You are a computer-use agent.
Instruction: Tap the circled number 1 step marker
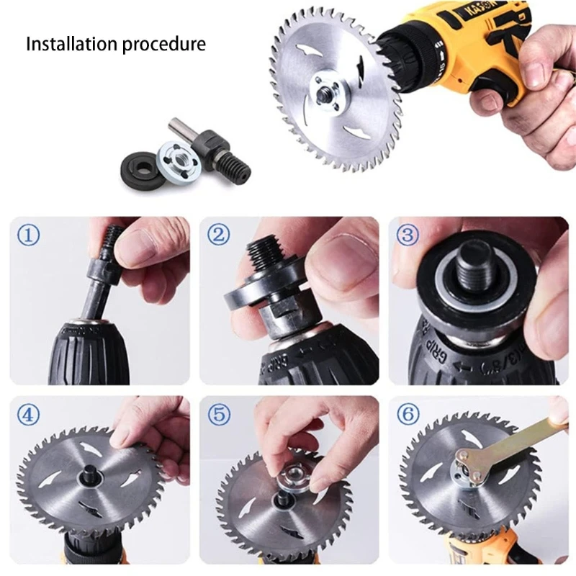click(29, 235)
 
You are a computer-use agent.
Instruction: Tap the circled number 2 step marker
click(219, 235)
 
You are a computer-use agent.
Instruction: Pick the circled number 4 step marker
click(29, 414)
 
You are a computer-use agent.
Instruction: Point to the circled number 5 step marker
click(219, 414)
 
